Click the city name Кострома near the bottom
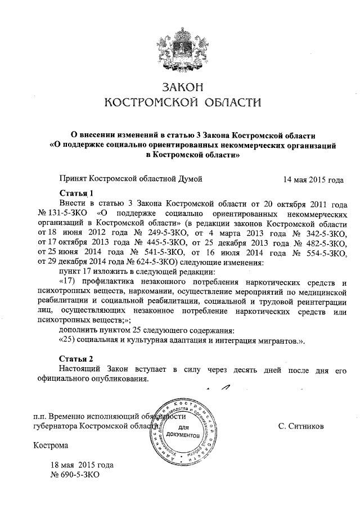coord(51,446)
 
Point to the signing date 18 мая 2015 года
coord(82,466)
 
